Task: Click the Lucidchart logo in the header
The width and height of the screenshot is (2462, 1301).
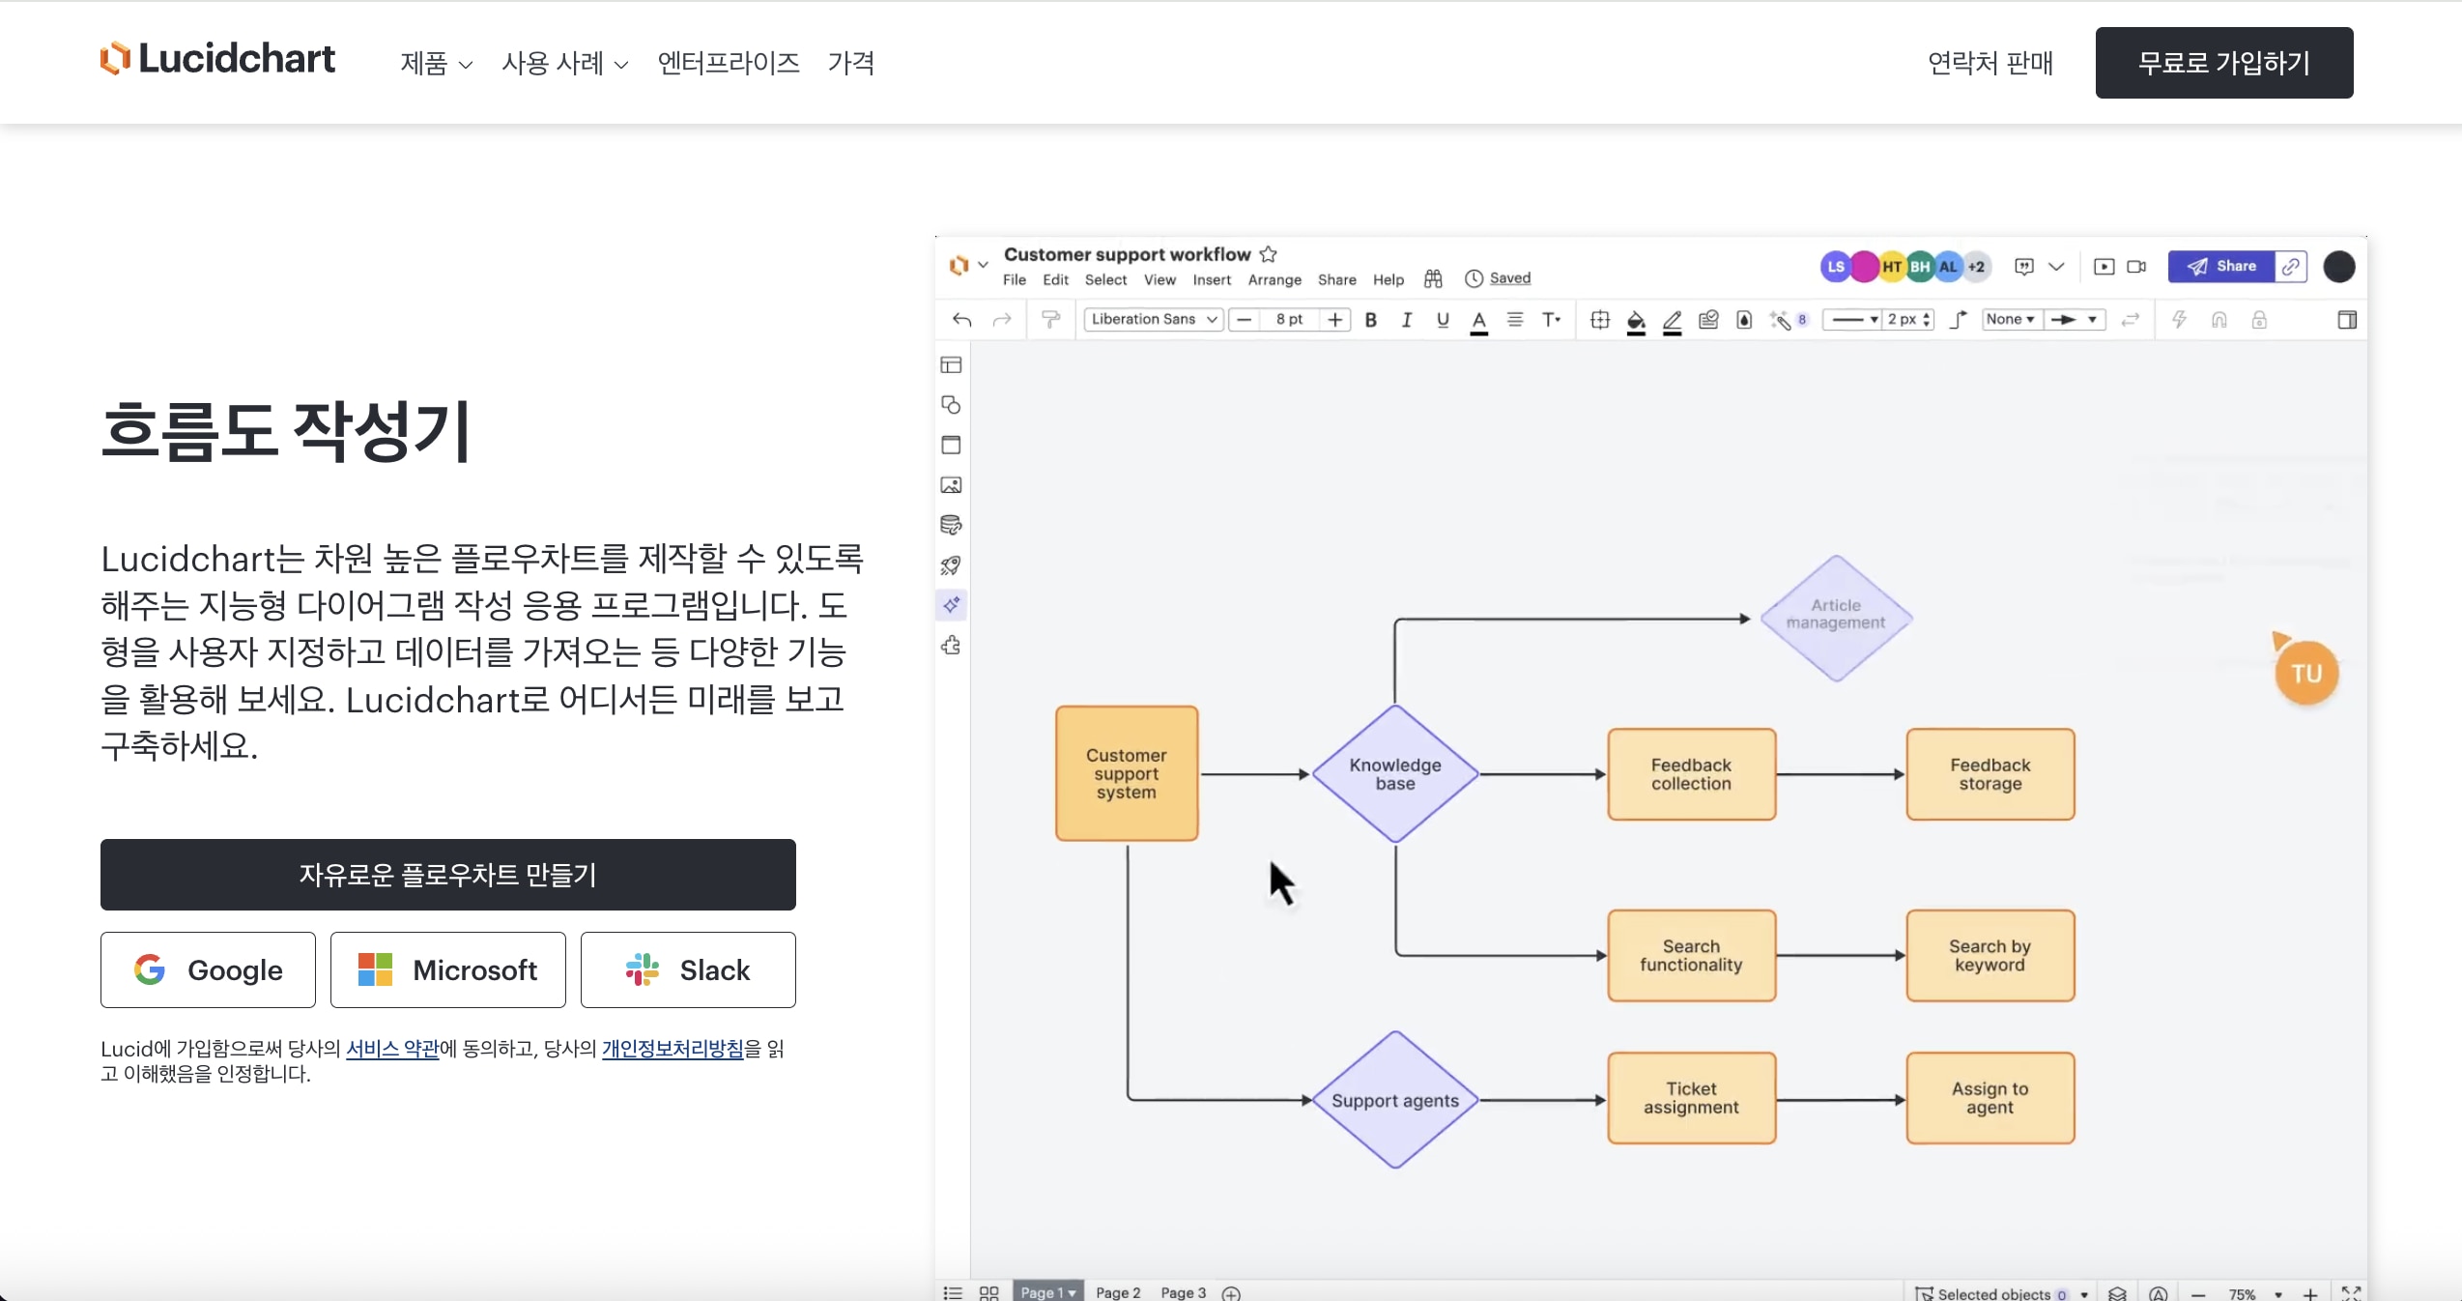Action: point(217,59)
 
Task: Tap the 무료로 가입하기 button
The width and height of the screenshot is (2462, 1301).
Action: point(2223,63)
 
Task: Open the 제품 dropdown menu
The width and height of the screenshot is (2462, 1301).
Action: point(436,64)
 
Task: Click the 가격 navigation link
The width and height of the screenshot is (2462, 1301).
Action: point(850,64)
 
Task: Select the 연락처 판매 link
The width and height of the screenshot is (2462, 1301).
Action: point(1990,64)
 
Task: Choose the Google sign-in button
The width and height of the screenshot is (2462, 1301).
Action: point(208,969)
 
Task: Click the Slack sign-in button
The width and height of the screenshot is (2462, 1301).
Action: point(688,969)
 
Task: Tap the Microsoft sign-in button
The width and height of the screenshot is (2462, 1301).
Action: point(447,969)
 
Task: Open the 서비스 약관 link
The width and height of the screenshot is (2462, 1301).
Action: point(392,1049)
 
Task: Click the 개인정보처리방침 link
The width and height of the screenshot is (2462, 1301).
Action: point(673,1049)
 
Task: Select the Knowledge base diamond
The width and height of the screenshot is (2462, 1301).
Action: point(1394,774)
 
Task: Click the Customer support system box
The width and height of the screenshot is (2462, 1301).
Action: point(1127,773)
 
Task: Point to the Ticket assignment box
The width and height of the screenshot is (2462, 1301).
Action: point(1691,1098)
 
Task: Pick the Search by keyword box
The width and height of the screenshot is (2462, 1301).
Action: point(1990,955)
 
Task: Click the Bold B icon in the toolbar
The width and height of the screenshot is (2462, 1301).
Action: point(1370,320)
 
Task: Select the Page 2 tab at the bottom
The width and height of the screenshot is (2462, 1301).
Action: point(1117,1292)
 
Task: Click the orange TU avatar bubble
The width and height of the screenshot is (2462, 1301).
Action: point(2305,674)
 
